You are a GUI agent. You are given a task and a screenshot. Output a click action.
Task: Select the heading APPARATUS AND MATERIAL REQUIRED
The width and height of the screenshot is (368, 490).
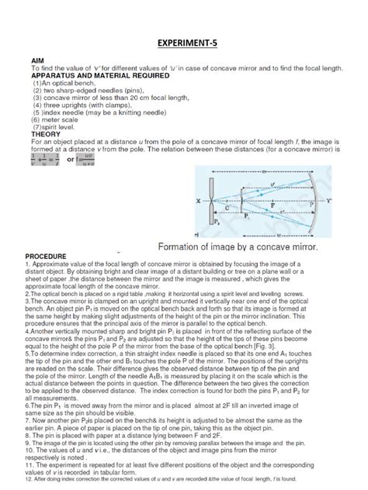click(101, 76)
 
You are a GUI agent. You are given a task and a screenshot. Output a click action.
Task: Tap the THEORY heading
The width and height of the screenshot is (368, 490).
click(44, 134)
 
